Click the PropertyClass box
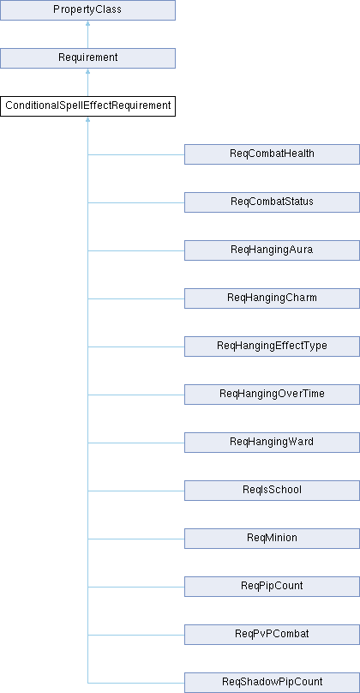click(88, 10)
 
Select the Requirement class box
click(88, 58)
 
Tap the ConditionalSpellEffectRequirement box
click(88, 106)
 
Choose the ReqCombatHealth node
click(272, 154)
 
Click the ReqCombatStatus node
click(272, 202)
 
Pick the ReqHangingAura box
click(272, 250)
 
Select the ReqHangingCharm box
click(272, 298)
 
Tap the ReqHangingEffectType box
click(272, 346)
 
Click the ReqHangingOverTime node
click(272, 395)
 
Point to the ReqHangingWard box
click(272, 443)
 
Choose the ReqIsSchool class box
click(272, 491)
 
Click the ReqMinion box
click(272, 539)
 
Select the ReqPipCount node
click(272, 587)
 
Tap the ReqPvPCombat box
click(272, 635)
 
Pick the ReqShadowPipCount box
click(272, 683)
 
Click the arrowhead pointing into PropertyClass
click(88, 23)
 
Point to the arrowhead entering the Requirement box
click(88, 71)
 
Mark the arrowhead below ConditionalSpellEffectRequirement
click(88, 119)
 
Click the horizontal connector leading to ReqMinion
click(136, 539)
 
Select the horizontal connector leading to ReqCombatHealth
click(136, 154)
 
